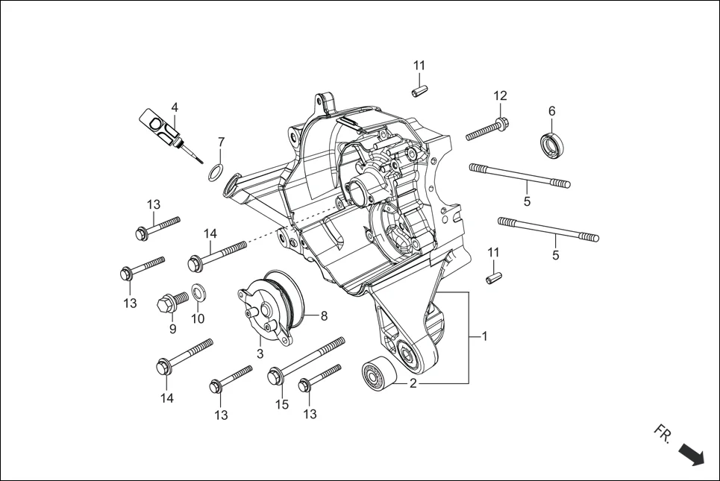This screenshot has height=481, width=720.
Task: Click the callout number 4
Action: pyautogui.click(x=174, y=107)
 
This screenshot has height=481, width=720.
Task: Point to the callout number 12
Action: pyautogui.click(x=500, y=95)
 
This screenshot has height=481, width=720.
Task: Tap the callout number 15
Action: pyautogui.click(x=281, y=404)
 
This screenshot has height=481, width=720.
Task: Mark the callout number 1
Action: pyautogui.click(x=484, y=336)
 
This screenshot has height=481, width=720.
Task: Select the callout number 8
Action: pyautogui.click(x=324, y=315)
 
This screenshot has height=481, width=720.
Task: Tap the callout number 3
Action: pyautogui.click(x=260, y=353)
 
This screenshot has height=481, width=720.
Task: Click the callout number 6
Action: pyautogui.click(x=552, y=111)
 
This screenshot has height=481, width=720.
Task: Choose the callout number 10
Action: pyautogui.click(x=198, y=319)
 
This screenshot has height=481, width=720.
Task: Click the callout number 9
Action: pyautogui.click(x=172, y=328)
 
